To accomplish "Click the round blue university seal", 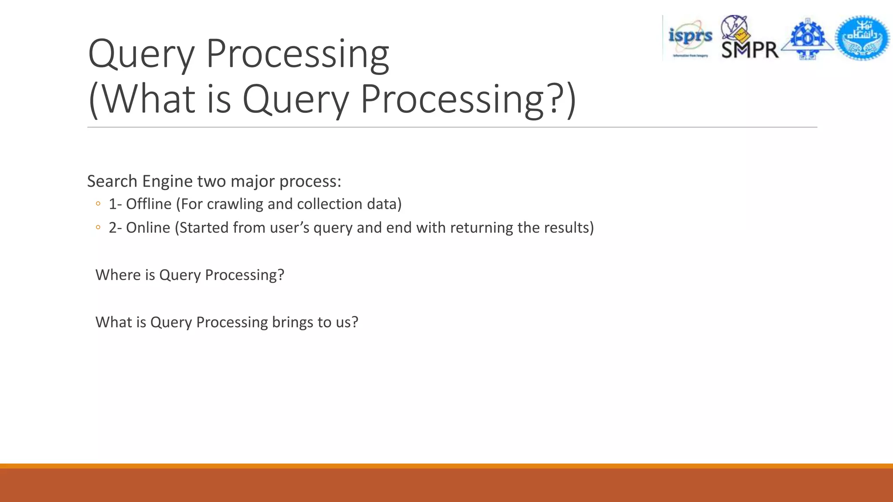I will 862,38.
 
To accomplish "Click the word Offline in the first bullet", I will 149,204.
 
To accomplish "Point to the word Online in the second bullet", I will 148,227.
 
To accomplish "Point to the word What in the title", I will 148,99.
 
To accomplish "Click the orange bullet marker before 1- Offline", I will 98,204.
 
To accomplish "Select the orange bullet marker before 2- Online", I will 98,227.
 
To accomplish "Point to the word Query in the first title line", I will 141,54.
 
